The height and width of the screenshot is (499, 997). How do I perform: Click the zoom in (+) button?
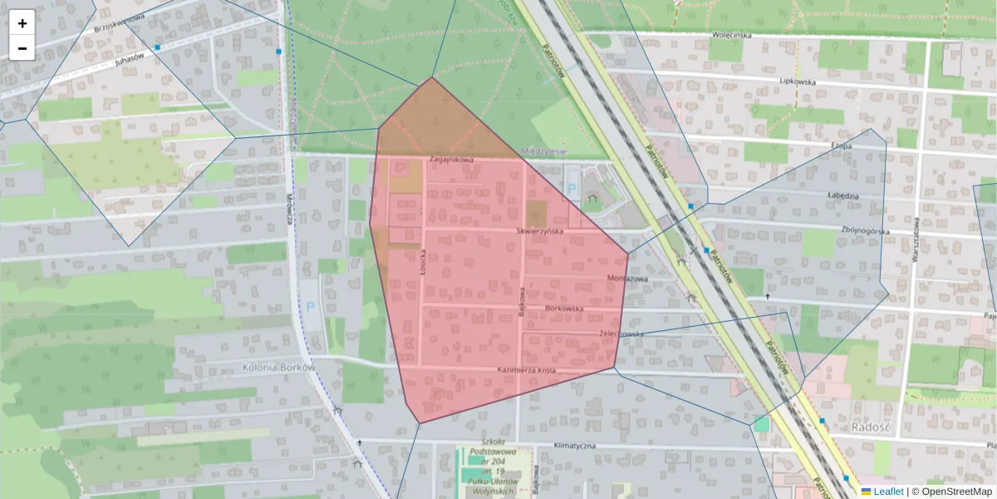coord(22,23)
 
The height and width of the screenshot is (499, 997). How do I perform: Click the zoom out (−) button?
coord(22,48)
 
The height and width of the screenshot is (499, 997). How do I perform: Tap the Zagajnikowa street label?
coord(451,160)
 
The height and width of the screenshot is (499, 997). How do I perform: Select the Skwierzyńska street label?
coord(540,230)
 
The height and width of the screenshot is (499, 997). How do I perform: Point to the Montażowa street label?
coord(627,279)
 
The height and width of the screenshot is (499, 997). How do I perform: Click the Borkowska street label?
coord(564,309)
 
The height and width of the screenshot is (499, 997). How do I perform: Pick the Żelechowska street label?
coord(621,334)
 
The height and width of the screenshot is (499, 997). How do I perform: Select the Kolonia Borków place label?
coord(278,367)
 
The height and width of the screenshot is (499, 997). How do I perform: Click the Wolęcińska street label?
coord(731,35)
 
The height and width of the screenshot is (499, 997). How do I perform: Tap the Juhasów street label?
coord(130,59)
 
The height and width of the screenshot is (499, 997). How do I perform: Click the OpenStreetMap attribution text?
coord(956,492)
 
